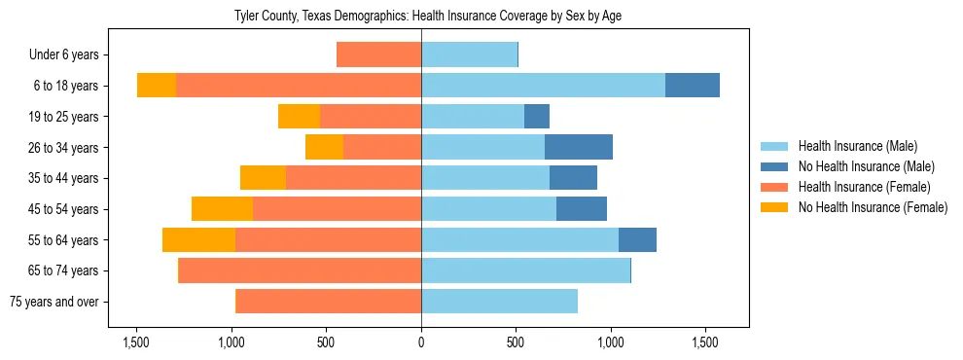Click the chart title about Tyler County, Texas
(x=427, y=16)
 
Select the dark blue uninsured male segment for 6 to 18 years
(x=693, y=86)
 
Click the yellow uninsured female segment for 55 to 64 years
(x=198, y=240)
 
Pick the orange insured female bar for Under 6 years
(x=378, y=54)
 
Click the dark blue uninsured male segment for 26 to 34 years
(x=579, y=147)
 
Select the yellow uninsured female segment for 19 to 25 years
(x=299, y=117)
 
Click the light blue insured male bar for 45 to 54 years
(x=488, y=209)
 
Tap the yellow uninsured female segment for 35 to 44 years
(x=263, y=178)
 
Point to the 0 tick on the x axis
(x=421, y=342)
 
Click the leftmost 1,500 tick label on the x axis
(x=136, y=342)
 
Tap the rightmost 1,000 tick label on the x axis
(x=611, y=342)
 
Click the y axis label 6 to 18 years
(x=65, y=86)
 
